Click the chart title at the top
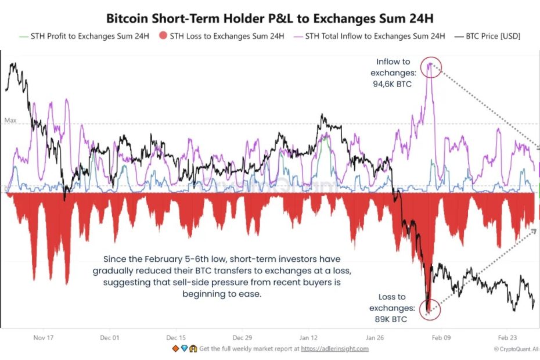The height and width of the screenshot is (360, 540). click(269, 18)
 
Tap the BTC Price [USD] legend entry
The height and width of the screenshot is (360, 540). click(488, 36)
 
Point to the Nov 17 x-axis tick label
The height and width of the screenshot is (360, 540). click(44, 337)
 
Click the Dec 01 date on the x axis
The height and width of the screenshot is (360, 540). click(110, 337)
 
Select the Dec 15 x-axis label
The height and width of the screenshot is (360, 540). click(176, 337)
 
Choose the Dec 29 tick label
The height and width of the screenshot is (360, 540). click(242, 337)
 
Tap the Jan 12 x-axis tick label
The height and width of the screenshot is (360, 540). click(309, 337)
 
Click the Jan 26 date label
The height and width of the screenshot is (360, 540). click(375, 337)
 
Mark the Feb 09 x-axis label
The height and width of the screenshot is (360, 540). click(441, 337)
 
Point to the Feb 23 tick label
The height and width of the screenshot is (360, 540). click(507, 337)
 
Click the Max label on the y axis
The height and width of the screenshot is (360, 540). click(10, 121)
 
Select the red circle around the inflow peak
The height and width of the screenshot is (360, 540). click(430, 67)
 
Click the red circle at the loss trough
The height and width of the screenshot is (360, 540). click(429, 310)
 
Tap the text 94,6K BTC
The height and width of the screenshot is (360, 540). click(393, 85)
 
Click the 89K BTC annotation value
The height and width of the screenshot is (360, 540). click(391, 319)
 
